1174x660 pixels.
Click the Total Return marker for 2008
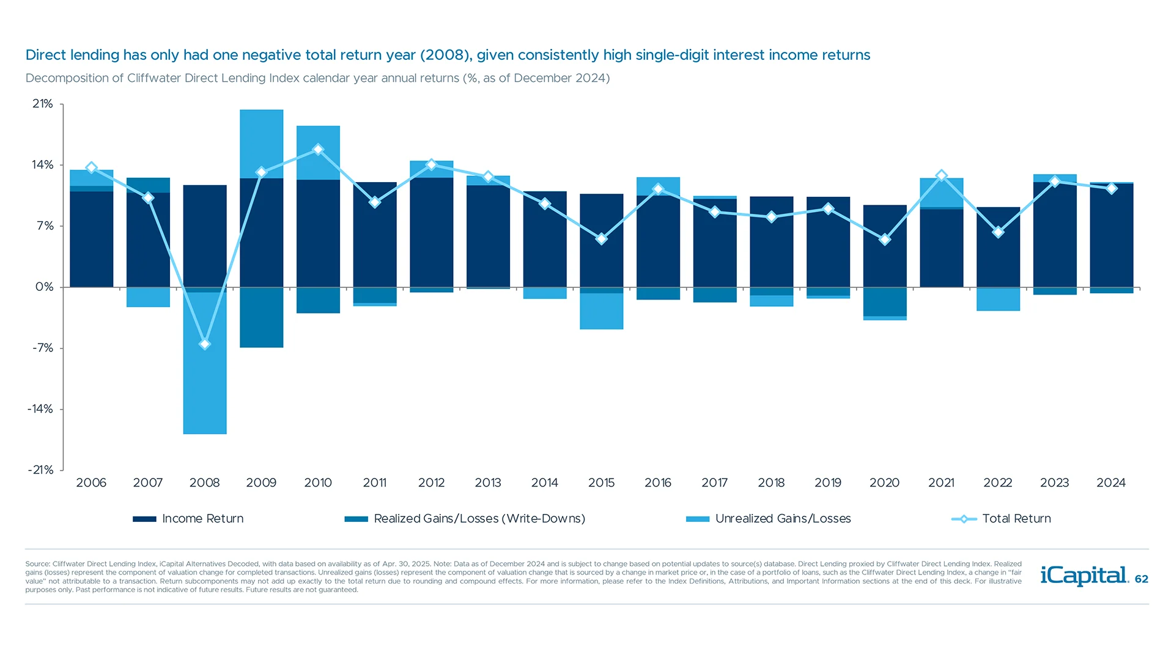[x=205, y=344]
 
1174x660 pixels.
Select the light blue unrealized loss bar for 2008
[x=205, y=379]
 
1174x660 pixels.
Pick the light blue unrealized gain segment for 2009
[x=261, y=144]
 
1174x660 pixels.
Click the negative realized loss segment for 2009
[x=261, y=317]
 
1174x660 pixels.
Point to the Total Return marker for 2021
[x=942, y=175]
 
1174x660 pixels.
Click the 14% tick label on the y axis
[x=43, y=165]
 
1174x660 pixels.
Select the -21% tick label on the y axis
[x=41, y=470]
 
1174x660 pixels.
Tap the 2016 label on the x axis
[x=658, y=483]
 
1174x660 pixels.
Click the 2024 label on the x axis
[x=1111, y=483]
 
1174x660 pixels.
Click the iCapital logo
[x=1084, y=576]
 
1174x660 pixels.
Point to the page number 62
[x=1142, y=579]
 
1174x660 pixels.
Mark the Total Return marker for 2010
[x=318, y=149]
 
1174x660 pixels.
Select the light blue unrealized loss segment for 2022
[x=998, y=299]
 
